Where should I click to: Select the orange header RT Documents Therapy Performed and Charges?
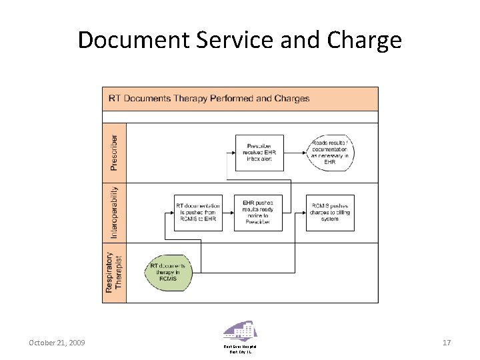point(240,99)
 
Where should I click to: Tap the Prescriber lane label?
point(115,152)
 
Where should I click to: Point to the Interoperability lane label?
point(115,213)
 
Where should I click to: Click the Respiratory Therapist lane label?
point(114,273)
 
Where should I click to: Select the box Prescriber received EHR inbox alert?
point(259,153)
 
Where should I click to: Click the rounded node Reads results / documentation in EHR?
point(331,153)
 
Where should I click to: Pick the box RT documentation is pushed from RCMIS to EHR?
point(197,213)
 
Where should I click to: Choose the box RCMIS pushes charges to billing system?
point(330,213)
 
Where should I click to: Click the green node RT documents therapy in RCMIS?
point(173,273)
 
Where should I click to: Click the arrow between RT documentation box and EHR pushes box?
point(229,213)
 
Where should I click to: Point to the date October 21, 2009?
point(56,343)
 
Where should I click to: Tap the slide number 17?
point(447,343)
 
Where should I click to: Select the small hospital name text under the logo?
point(240,349)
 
